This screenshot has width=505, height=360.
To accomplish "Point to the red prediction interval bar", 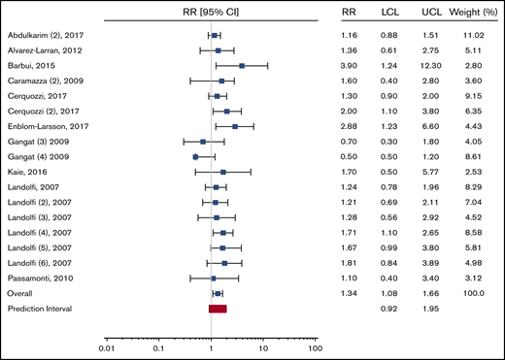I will pos(218,309).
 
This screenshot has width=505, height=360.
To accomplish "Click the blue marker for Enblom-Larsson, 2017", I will pos(234,126).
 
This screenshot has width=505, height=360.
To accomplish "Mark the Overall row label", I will pos(22,293).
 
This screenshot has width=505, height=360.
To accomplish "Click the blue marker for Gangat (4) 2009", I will pos(196,156).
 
